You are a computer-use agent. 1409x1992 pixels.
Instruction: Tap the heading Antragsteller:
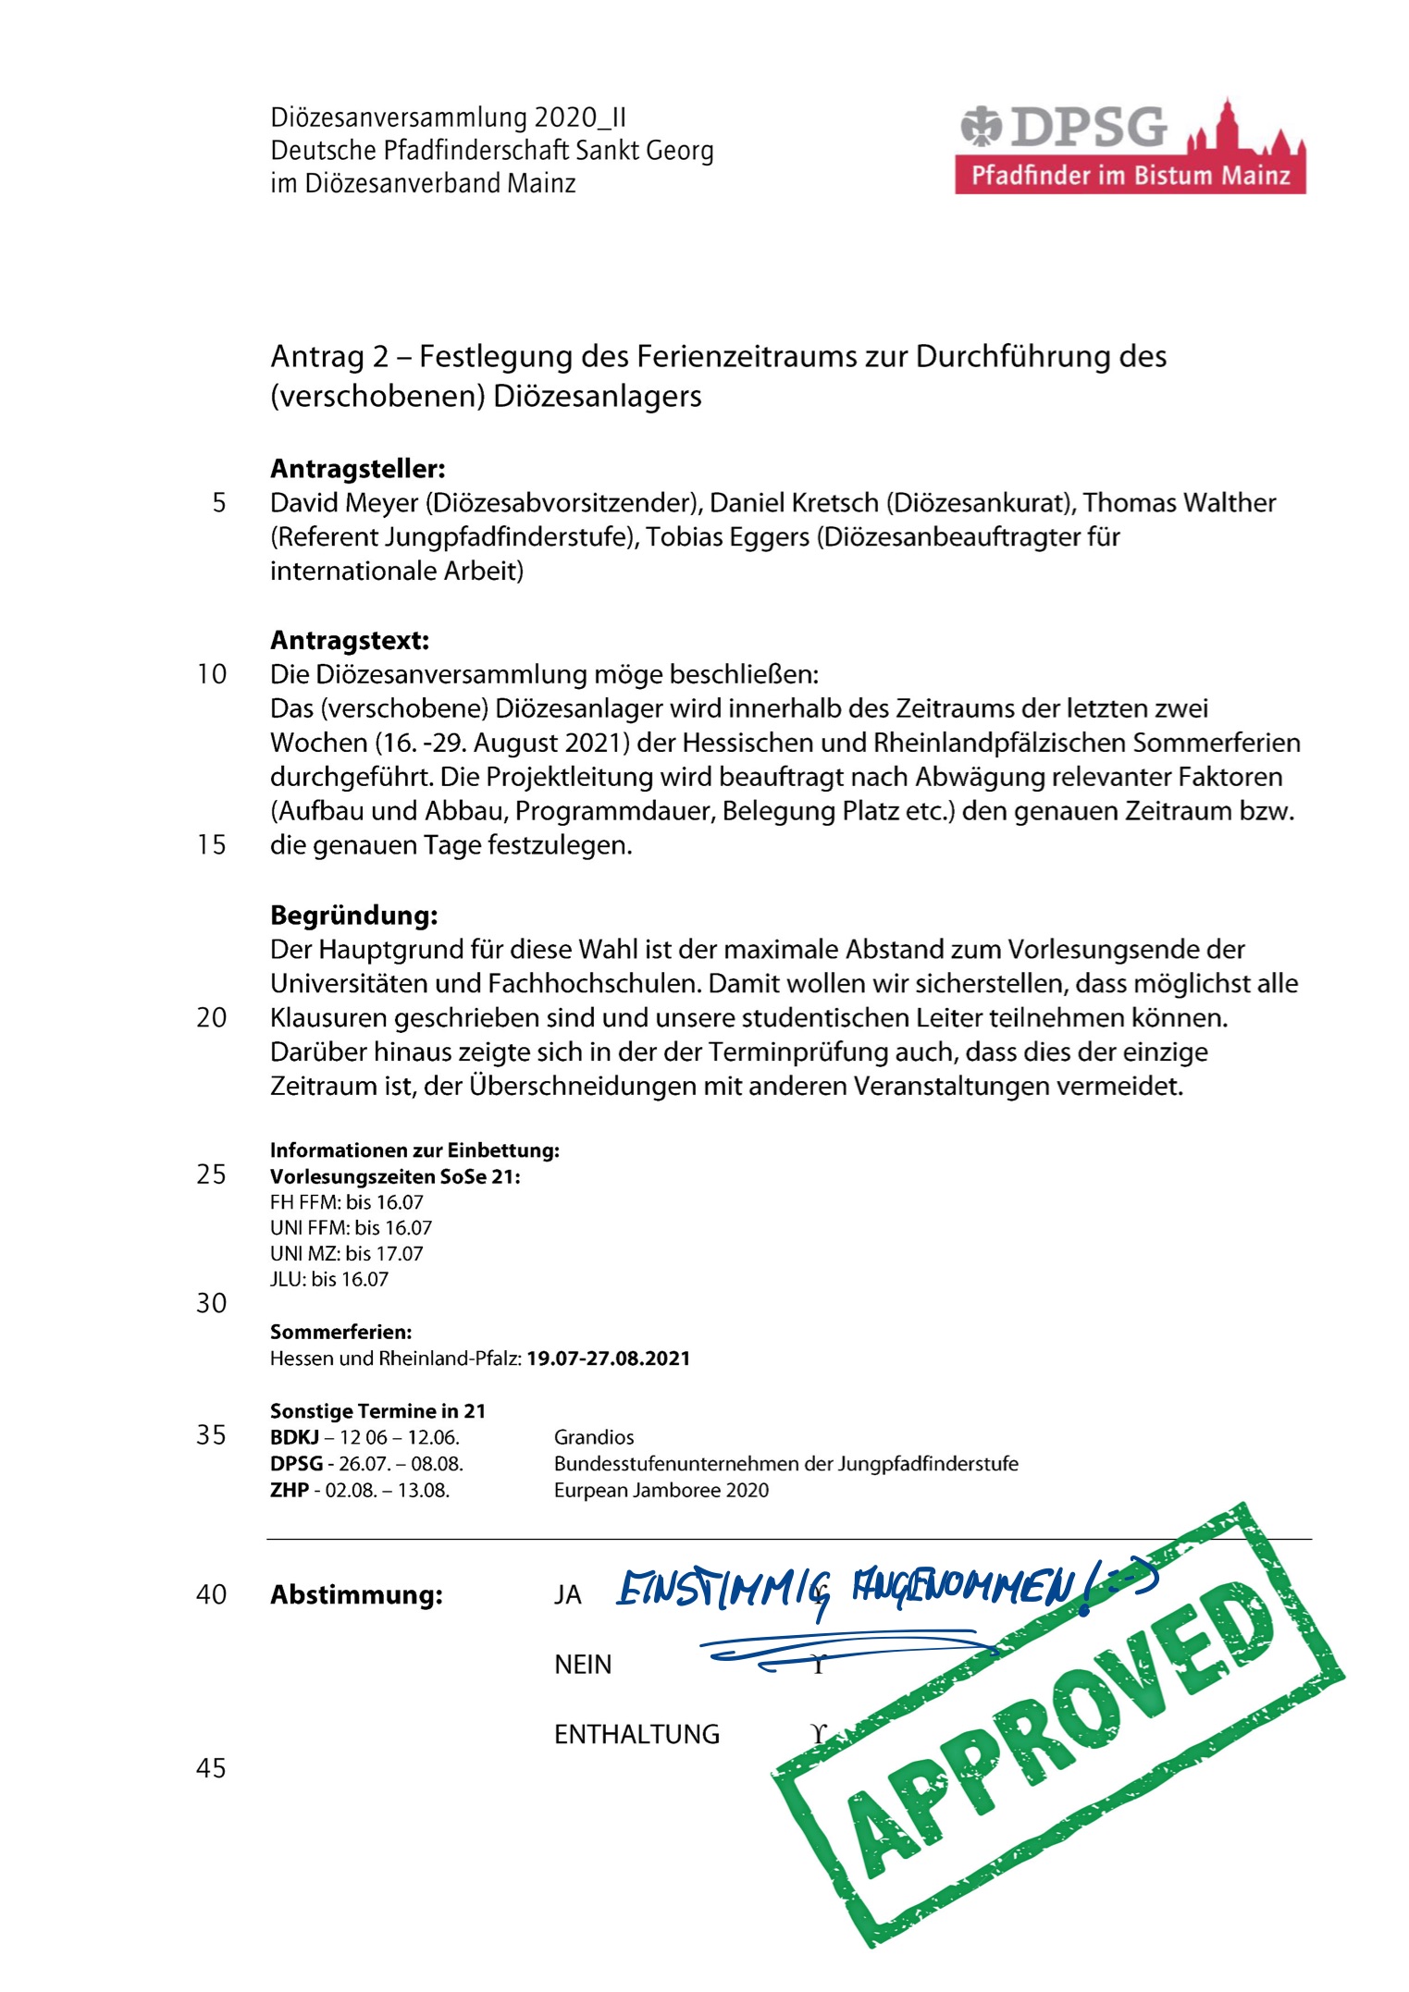357,469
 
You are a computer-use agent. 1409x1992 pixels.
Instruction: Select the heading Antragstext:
350,640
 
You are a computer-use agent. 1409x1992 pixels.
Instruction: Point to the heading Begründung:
353,916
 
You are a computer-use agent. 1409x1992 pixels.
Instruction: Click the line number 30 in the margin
211,1303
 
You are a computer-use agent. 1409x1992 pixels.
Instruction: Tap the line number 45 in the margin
211,1768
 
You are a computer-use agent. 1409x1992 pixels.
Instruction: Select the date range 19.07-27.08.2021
608,1359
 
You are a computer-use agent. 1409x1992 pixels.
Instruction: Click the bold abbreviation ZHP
289,1490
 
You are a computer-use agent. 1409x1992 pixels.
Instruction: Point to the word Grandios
594,1437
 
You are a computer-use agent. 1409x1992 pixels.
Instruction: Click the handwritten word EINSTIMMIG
723,1591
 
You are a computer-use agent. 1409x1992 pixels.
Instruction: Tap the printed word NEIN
583,1665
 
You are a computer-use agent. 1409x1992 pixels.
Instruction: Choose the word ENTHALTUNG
637,1734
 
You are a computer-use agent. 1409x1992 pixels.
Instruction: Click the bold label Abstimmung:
356,1595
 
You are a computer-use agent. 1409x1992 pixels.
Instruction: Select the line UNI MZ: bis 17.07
346,1254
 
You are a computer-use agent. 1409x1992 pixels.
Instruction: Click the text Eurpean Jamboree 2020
661,1490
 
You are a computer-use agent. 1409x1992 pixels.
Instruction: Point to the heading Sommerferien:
340,1333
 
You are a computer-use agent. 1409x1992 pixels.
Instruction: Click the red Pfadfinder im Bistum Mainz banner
1130,176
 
